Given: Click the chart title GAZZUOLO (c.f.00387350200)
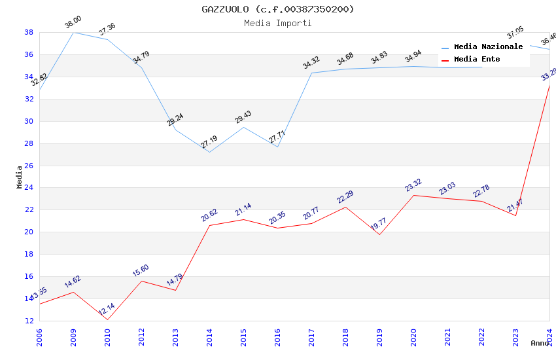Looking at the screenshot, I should coord(278,9).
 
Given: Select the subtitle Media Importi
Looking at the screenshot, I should coord(278,23).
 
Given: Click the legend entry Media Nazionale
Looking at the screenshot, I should coord(488,47).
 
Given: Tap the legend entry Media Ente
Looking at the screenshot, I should coord(477,60).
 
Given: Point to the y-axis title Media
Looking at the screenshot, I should coord(20,177).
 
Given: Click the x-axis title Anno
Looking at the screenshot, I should coord(540,343).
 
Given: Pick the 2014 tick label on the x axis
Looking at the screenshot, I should coord(209,334).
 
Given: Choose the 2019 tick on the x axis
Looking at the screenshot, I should coord(379,334).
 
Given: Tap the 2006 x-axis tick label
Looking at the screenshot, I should coord(39,334).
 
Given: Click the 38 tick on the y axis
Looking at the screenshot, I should coord(29,32).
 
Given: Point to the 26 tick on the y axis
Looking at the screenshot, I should coord(29,166).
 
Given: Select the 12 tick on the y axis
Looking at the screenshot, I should coord(29,321).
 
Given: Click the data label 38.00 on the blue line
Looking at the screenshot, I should coord(73,23).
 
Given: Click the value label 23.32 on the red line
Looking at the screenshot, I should coord(413,186).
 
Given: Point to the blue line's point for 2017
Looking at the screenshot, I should coord(311,73).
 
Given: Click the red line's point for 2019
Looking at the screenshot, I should coord(379,234).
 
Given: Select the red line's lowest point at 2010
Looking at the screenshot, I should coord(107,319).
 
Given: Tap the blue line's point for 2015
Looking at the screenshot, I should coord(243,127).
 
